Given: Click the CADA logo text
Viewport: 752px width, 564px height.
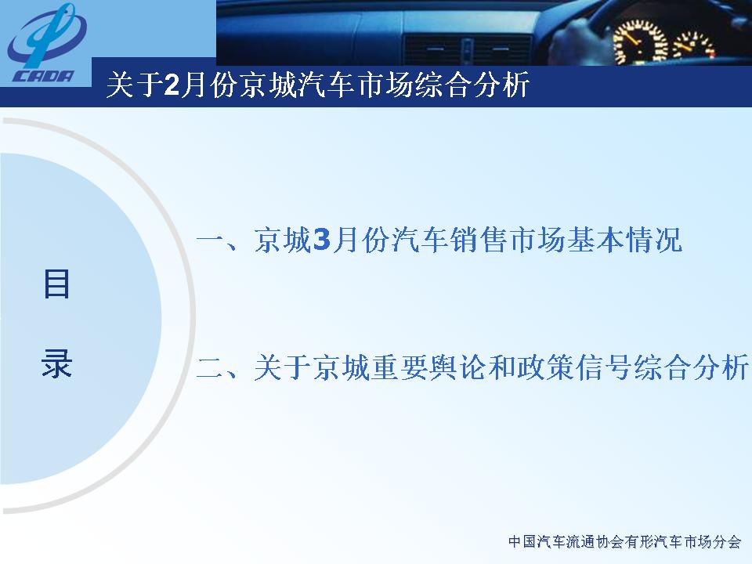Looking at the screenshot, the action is [x=44, y=76].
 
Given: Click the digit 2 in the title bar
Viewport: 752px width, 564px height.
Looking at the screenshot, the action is [x=172, y=85].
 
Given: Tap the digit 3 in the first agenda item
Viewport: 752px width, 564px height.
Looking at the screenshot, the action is [x=321, y=240].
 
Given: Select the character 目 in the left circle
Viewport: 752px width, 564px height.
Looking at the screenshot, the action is [x=56, y=284].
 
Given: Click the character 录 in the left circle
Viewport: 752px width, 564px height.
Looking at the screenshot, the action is [x=56, y=363].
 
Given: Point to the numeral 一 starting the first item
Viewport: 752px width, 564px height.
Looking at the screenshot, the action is [x=211, y=240].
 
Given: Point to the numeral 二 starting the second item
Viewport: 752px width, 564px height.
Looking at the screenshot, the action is [x=211, y=368].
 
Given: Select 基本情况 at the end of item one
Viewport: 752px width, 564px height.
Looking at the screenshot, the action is [x=625, y=240].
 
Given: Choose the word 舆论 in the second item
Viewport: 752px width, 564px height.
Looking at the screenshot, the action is [x=460, y=368].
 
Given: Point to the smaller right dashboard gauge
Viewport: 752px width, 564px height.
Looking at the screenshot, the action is [x=694, y=46].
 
